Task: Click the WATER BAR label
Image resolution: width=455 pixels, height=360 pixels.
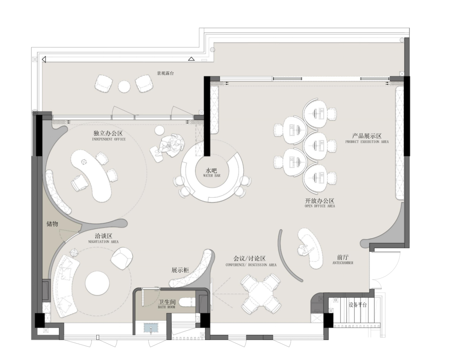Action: pos(211,176)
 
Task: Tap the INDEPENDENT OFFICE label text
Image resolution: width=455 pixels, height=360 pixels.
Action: pos(109,140)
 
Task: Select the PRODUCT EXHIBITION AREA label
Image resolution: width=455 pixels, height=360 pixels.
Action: pos(367,142)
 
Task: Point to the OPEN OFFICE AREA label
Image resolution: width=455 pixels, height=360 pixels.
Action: pos(320,206)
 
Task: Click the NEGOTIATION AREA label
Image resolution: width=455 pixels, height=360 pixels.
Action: pos(103,242)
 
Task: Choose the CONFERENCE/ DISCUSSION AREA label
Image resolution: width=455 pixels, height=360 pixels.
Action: pos(251,265)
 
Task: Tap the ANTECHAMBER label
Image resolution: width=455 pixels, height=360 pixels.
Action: pos(343,263)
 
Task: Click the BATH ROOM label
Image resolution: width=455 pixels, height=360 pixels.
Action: pos(166,307)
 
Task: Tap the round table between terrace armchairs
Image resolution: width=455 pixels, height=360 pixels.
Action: pos(124,86)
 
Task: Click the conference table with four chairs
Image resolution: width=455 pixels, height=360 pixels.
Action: pos(261,293)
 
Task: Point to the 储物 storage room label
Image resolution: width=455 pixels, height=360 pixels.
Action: pos(52,224)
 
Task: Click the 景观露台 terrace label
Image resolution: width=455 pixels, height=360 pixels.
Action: pos(166,73)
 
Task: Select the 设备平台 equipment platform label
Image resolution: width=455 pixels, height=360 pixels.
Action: pos(358,305)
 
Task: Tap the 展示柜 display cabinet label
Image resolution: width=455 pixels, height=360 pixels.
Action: pos(180,270)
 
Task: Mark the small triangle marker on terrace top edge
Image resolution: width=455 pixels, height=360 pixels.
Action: pos(191,59)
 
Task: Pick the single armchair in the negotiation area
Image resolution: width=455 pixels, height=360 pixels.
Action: pos(122,258)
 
